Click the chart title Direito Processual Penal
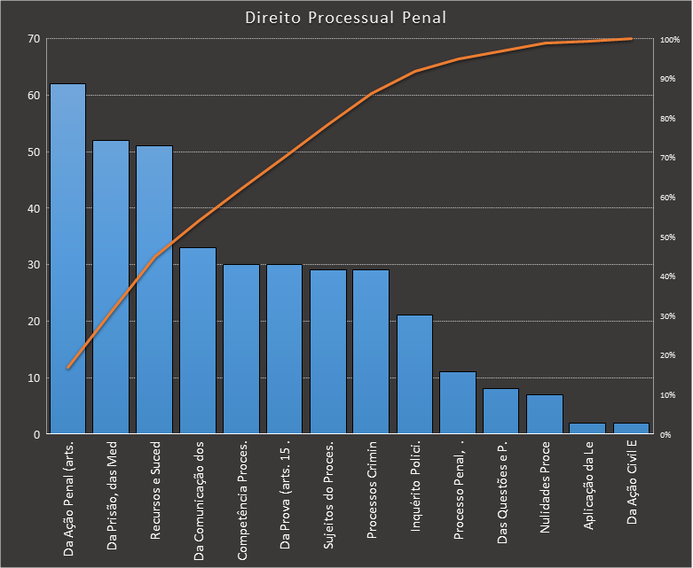pos(345,18)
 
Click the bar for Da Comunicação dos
pos(198,340)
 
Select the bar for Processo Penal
pos(458,402)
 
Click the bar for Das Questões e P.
pos(501,411)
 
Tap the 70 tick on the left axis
pos(34,39)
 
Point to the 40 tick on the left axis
pos(34,208)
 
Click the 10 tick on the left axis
pos(34,377)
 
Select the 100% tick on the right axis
pos(670,40)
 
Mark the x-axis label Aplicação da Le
pos(588,487)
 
